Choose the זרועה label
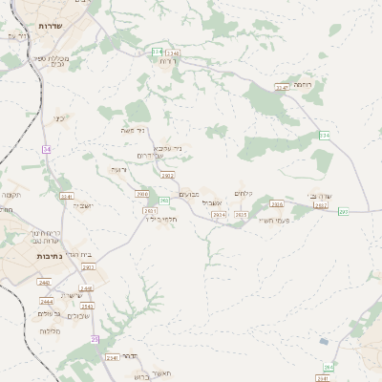pos(118,169)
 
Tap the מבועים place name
pos(189,194)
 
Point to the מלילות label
pos(49,330)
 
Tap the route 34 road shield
pos(46,149)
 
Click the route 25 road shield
pos(95,339)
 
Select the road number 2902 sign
pos(168,176)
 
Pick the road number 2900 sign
pos(142,194)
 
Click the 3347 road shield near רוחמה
pos(282,87)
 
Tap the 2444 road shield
pos(46,301)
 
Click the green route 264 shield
pos(329,367)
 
